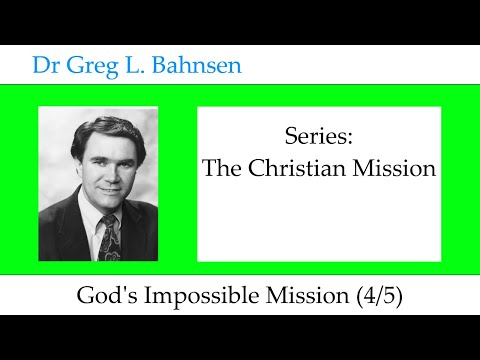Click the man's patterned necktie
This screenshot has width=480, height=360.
coord(109,236)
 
